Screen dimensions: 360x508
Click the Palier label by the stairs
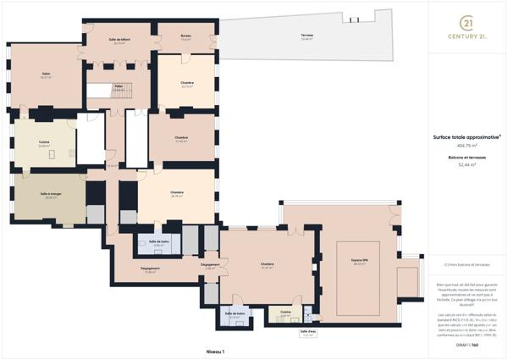(x=119, y=86)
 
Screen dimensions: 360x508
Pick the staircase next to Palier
(x=102, y=93)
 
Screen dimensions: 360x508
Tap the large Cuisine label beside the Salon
(x=43, y=143)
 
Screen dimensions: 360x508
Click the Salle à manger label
(x=49, y=197)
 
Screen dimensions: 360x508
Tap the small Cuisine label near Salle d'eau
(x=286, y=313)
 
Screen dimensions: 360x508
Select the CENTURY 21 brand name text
(x=467, y=38)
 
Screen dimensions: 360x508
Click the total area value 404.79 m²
(x=467, y=145)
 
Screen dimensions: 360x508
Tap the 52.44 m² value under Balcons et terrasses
(x=467, y=166)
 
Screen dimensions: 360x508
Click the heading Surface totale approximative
(x=467, y=136)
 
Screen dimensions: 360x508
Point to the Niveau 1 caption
(x=217, y=350)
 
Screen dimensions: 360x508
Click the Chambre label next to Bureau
(x=187, y=84)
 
